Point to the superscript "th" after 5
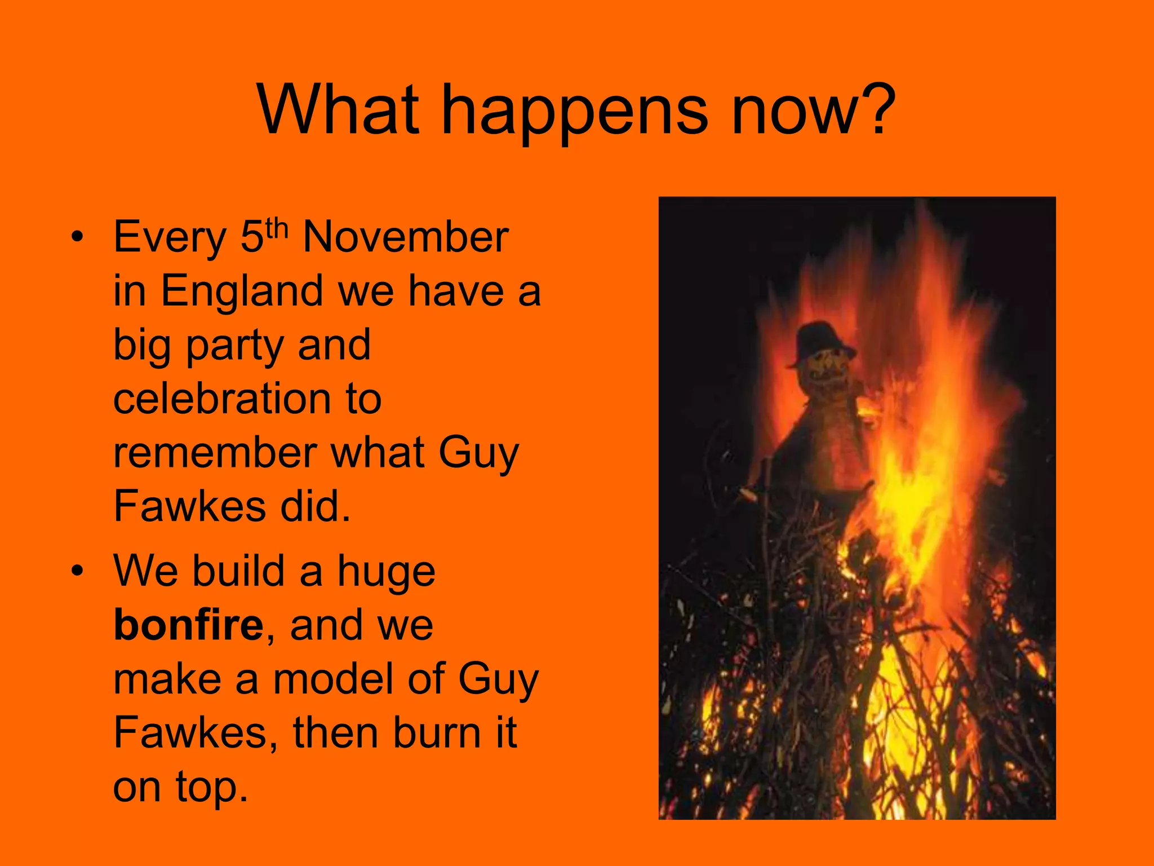pos(277,228)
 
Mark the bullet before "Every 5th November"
pos(77,237)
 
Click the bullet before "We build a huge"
pos(77,571)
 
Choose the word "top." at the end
pos(211,787)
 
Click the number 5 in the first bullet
pos(252,237)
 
